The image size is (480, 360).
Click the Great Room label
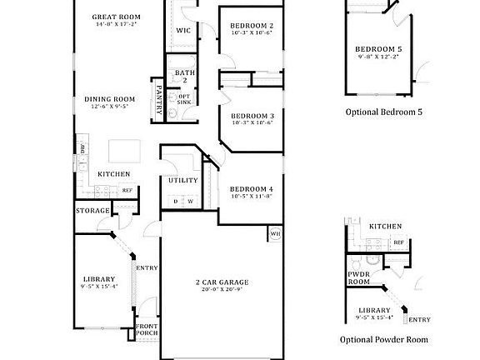coord(116,17)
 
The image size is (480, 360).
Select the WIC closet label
coord(183,31)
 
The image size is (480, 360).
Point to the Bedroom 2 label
coord(251,26)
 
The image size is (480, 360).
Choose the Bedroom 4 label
coord(251,189)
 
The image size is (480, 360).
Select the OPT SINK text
coord(184,99)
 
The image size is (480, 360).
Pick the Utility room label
coord(182,180)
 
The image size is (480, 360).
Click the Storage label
coord(92,211)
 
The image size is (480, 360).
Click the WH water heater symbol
coord(274,234)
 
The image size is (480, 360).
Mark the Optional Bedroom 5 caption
coord(384,111)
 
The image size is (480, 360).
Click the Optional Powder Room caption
coord(383,340)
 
